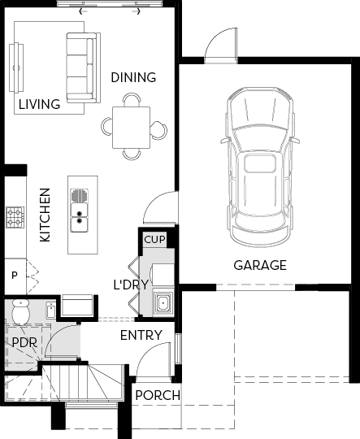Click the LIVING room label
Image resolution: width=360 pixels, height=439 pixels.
pyautogui.click(x=40, y=104)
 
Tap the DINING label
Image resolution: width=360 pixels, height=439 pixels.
pyautogui.click(x=133, y=77)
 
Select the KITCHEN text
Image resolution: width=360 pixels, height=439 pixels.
pyautogui.click(x=45, y=215)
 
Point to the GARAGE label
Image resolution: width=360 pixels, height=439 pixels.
pyautogui.click(x=260, y=265)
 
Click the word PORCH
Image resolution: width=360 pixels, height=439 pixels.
pyautogui.click(x=158, y=396)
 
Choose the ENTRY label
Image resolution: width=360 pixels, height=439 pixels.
pyautogui.click(x=141, y=336)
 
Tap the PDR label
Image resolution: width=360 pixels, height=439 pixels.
pyautogui.click(x=24, y=342)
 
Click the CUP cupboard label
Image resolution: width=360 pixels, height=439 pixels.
pyautogui.click(x=154, y=240)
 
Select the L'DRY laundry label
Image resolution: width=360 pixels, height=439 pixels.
pyautogui.click(x=131, y=285)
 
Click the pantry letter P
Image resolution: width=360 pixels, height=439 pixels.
pyautogui.click(x=15, y=276)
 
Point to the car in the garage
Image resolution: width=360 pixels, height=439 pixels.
pyautogui.click(x=261, y=167)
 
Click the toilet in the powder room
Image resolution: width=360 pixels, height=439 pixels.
pyautogui.click(x=20, y=312)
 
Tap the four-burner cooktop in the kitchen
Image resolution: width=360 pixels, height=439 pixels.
pyautogui.click(x=15, y=217)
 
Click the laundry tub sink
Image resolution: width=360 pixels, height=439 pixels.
pyautogui.click(x=163, y=302)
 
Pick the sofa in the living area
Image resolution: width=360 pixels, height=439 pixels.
pyautogui.click(x=84, y=67)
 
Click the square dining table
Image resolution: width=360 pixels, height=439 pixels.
pyautogui.click(x=132, y=128)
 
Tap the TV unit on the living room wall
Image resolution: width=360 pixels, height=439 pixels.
pyautogui.click(x=16, y=67)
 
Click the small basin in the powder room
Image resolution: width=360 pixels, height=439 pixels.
pyautogui.click(x=51, y=310)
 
